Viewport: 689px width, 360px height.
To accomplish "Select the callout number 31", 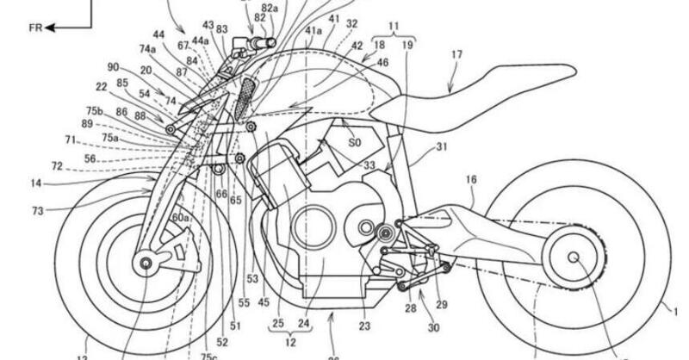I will tap(442, 147).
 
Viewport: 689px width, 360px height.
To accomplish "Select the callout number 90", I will tap(113, 66).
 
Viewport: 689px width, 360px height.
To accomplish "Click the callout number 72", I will tap(57, 164).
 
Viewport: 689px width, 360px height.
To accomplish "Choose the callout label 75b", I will tap(94, 111).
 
